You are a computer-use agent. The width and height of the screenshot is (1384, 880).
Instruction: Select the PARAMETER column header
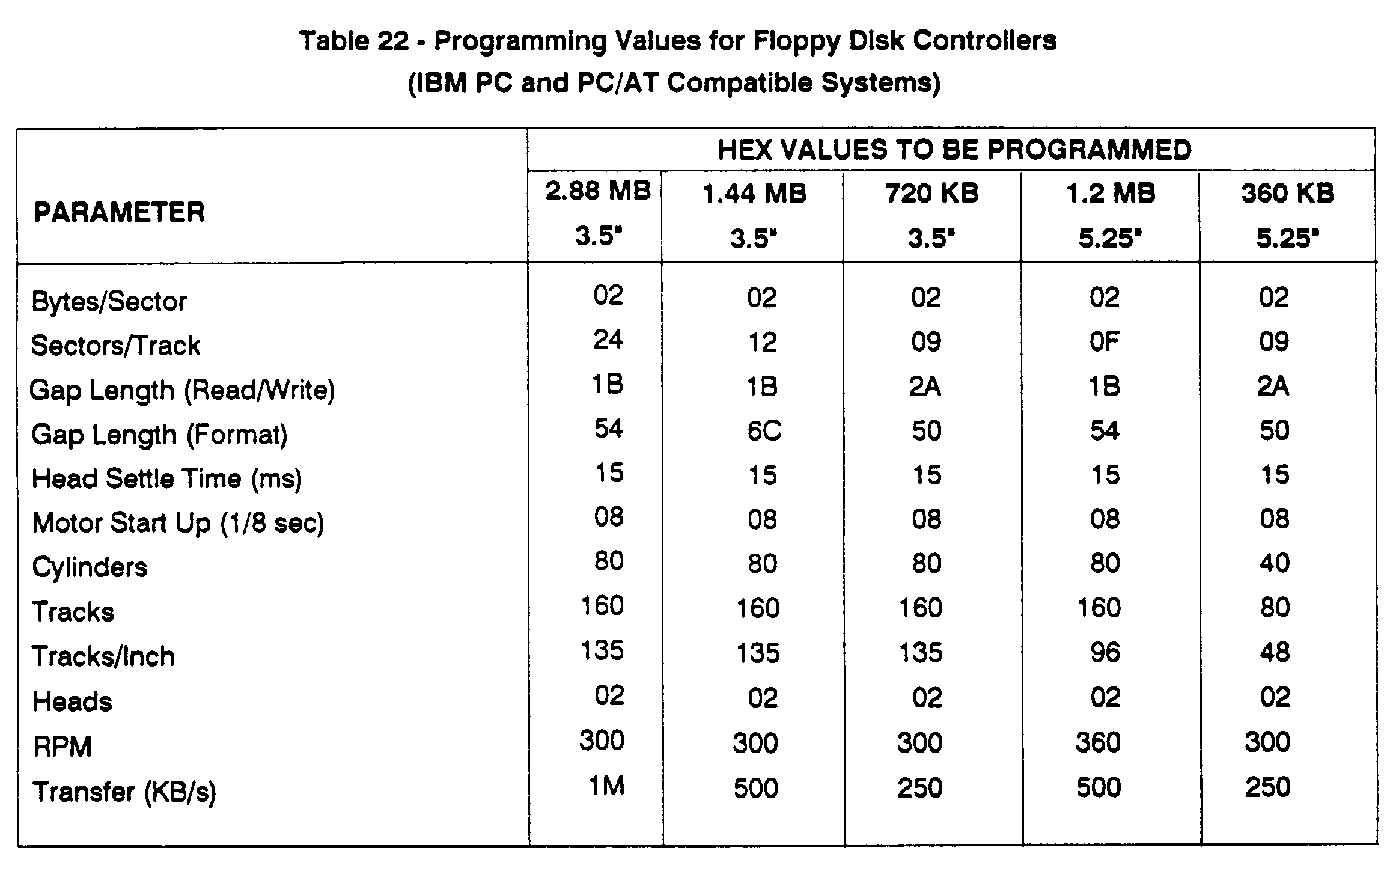(119, 212)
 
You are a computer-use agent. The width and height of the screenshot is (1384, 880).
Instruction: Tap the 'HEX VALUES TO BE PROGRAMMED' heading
(954, 150)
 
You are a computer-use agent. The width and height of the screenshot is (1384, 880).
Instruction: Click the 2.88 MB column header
(597, 213)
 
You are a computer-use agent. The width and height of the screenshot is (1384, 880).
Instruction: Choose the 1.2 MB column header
(1110, 215)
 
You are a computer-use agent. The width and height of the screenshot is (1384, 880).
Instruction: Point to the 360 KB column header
(1287, 215)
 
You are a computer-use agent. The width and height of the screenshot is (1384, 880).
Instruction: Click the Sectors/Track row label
(115, 346)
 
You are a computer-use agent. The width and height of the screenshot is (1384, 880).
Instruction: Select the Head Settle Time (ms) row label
(166, 479)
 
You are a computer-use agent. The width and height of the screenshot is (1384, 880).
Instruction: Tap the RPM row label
(62, 747)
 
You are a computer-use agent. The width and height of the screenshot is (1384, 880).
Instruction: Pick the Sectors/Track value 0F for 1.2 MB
(1104, 342)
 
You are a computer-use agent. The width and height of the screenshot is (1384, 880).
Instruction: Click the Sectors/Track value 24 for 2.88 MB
(608, 340)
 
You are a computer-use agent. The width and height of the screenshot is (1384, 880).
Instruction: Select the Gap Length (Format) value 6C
(764, 431)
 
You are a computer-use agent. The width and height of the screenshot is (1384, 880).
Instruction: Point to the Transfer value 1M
(606, 786)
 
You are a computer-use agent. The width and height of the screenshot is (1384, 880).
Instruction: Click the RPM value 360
(1098, 742)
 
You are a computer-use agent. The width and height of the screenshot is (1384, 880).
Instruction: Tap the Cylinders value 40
(1274, 563)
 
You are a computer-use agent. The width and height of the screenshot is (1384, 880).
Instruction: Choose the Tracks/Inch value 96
(1105, 653)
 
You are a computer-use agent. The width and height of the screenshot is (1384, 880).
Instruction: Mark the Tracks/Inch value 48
(1275, 652)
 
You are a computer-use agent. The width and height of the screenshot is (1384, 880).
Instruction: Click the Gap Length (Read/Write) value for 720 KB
(925, 387)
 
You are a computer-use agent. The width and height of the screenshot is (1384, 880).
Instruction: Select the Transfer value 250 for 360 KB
(1267, 787)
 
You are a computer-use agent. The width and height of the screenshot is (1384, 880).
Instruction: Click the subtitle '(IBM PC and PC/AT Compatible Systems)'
(674, 83)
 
